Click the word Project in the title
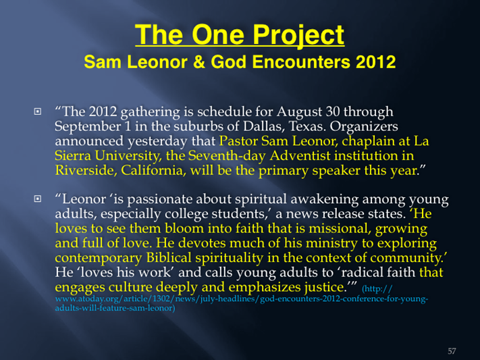point(298,36)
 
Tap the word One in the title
point(218,34)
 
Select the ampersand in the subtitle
point(200,61)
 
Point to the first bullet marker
point(37,111)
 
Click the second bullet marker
point(37,199)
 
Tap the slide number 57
point(452,351)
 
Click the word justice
point(325,287)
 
